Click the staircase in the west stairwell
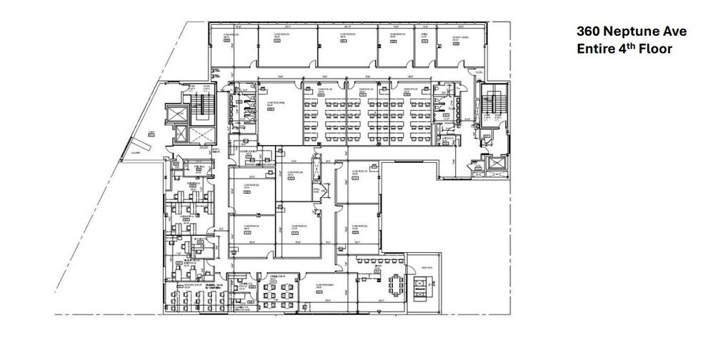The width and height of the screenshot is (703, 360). pyautogui.click(x=206, y=107)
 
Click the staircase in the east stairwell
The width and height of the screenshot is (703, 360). pyautogui.click(x=492, y=106)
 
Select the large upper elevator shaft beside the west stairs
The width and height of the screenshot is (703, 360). pyautogui.click(x=176, y=115)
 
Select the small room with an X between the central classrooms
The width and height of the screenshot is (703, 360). pyautogui.click(x=321, y=191)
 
